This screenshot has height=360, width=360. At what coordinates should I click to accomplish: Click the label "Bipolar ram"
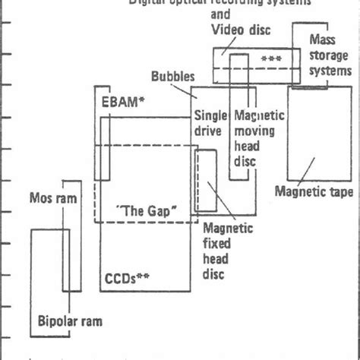click(70, 321)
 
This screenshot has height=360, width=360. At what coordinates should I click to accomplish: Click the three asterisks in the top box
click(270, 58)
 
